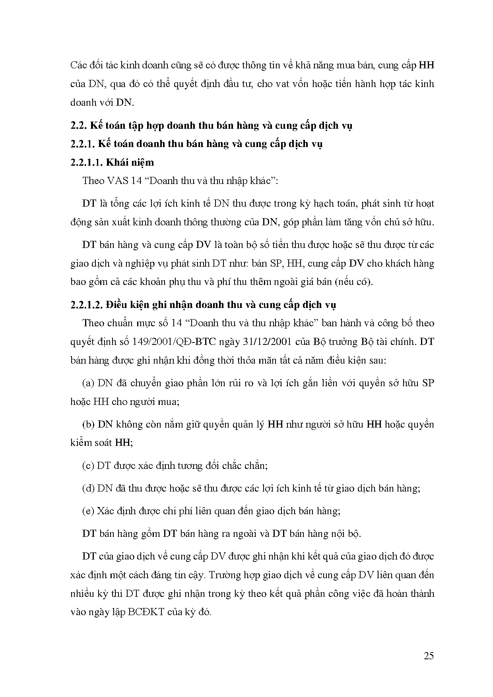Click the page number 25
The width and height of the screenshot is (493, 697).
429,656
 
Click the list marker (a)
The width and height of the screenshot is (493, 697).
88,383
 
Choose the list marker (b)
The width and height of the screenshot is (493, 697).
88,424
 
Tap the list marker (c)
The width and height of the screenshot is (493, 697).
88,465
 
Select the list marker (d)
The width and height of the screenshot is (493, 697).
88,488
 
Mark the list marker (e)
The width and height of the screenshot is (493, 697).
88,511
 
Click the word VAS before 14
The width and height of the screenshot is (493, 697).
117,181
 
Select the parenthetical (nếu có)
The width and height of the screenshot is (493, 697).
353,282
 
